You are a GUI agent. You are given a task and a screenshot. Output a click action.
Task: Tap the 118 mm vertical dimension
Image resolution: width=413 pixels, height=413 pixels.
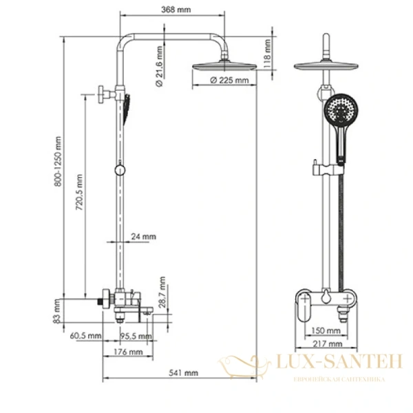(268, 51)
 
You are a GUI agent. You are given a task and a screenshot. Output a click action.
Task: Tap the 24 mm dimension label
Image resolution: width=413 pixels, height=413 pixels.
(143, 237)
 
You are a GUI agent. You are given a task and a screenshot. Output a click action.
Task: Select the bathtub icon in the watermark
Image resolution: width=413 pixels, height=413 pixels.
(244, 364)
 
